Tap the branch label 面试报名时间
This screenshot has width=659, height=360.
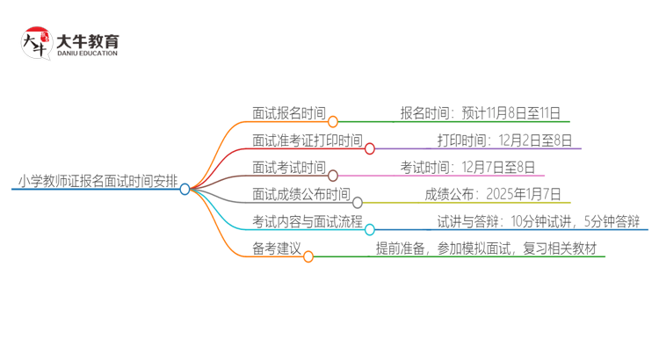[288, 114]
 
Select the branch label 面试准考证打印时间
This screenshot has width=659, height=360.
[307, 140]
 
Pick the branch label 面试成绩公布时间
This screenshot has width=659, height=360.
[301, 195]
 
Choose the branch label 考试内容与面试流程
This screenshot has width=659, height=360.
[307, 221]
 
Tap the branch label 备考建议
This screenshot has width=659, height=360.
[276, 248]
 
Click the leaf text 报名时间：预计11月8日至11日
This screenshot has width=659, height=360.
[480, 114]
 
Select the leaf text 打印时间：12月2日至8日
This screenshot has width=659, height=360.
[505, 140]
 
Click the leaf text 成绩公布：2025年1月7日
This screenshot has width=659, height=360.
[493, 195]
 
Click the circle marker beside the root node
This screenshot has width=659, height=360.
[185, 189]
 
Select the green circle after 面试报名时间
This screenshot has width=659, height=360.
[332, 121]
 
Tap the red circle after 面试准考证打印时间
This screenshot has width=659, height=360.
[370, 148]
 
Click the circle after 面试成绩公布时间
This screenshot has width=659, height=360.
[357, 202]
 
